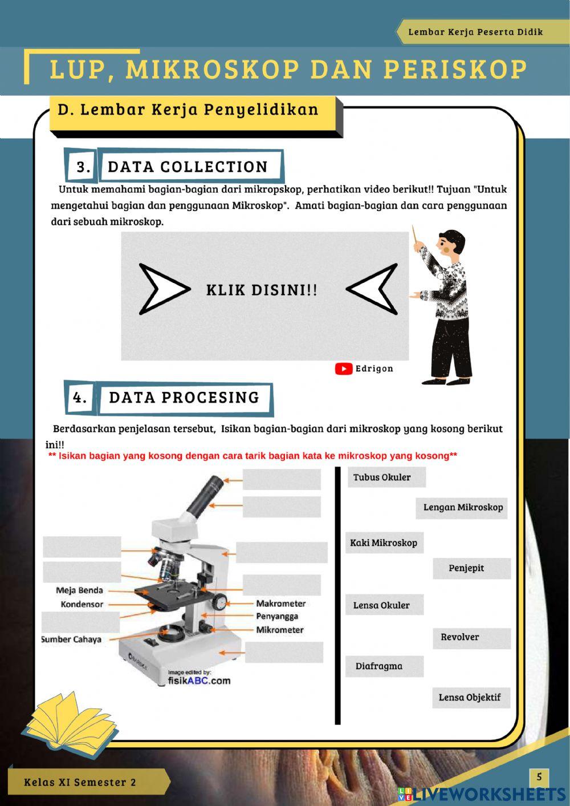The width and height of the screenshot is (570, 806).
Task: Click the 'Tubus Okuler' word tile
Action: click(x=386, y=477)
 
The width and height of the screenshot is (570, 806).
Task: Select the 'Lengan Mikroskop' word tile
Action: click(x=461, y=508)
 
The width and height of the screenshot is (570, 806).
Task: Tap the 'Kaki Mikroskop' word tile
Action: click(x=384, y=542)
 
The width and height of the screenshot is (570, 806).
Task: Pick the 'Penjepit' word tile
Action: click(x=472, y=569)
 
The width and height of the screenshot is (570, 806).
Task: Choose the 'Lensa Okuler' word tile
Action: click(x=384, y=605)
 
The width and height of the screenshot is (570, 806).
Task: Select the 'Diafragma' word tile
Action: click(x=384, y=666)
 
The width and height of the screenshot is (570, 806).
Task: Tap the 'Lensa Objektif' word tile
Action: click(x=471, y=698)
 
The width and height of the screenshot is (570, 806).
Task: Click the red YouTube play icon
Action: click(x=344, y=369)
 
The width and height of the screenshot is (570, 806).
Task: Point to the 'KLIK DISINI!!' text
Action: click(x=262, y=290)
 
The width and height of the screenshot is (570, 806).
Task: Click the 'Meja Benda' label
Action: click(x=79, y=590)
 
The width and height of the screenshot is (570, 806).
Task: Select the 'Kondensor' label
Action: click(x=82, y=605)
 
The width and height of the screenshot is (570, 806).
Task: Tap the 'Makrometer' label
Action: click(x=281, y=604)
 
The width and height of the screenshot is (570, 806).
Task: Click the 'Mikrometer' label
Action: click(x=280, y=630)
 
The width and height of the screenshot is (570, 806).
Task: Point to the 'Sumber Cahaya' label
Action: click(x=71, y=639)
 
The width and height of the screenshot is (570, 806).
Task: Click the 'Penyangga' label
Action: click(x=277, y=617)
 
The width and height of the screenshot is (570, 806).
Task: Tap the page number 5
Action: click(x=539, y=777)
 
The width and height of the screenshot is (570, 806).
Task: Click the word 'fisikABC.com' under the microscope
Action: click(x=199, y=681)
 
